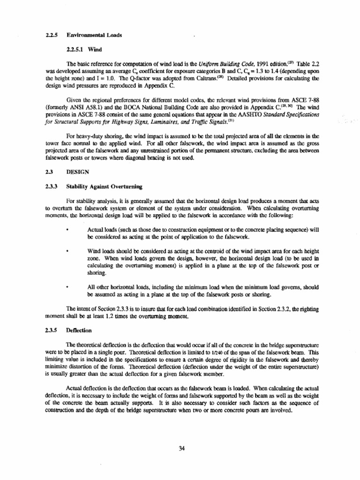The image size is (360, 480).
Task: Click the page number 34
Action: point(182,448)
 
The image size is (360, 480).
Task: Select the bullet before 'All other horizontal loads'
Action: point(68,286)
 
